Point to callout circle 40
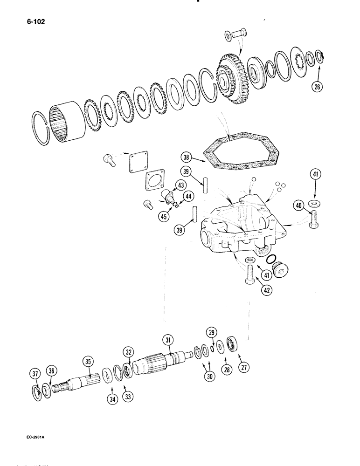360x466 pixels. coord(298,205)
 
